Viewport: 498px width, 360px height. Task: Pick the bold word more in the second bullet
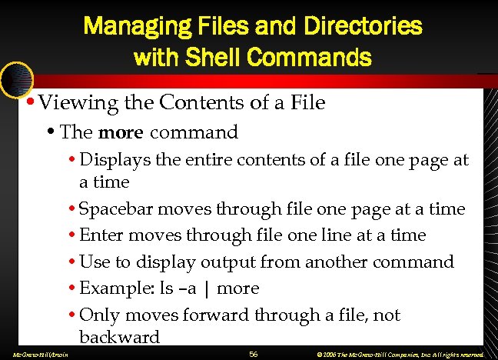[x=121, y=132]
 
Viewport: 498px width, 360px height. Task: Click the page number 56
[x=254, y=353]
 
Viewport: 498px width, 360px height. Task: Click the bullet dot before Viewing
[x=28, y=101]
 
